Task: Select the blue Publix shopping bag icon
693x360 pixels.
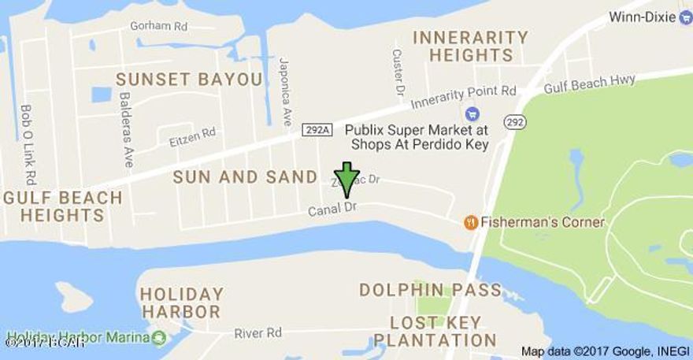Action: point(472,113)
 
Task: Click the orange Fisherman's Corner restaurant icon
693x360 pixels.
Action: point(471,222)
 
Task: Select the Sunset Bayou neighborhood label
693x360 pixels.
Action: point(188,79)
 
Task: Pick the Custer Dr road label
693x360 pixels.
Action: point(398,69)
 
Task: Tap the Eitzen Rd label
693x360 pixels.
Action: point(192,137)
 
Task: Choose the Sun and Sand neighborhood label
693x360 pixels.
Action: point(245,177)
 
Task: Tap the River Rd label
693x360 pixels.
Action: point(258,333)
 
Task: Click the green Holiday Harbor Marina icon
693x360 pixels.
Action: point(159,338)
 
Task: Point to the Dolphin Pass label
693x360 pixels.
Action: point(430,290)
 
